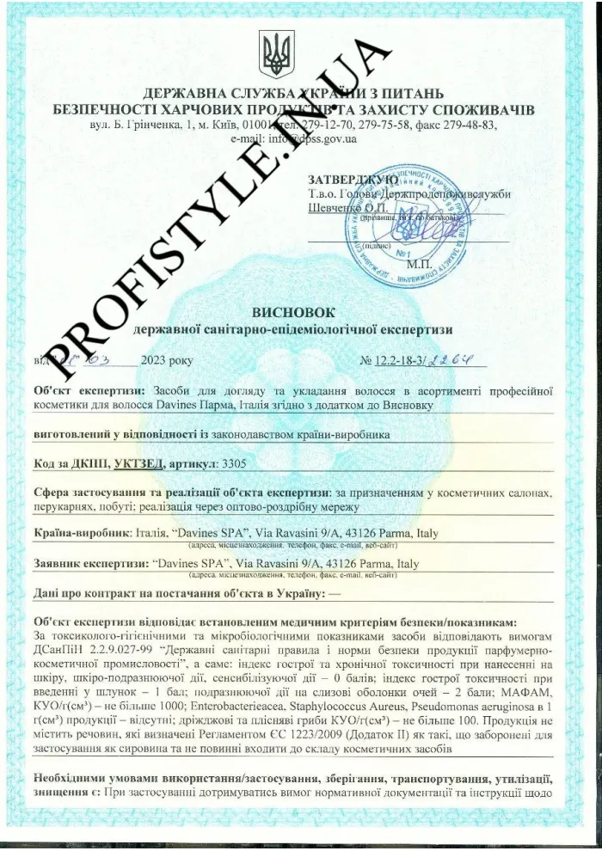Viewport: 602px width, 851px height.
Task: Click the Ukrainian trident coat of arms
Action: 278,54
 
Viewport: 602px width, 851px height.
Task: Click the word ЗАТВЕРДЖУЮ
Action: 352,180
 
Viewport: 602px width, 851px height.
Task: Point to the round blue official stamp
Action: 412,217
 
